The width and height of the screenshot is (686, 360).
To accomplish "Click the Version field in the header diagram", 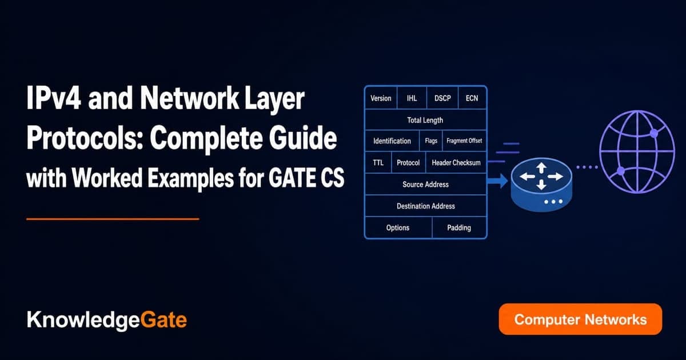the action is (x=381, y=98).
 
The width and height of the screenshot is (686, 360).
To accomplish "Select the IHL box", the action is (x=412, y=98).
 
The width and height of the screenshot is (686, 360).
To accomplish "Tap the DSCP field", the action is (x=442, y=98).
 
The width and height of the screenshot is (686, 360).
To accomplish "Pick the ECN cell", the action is (x=472, y=98).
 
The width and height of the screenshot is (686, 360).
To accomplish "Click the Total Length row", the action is (x=426, y=119).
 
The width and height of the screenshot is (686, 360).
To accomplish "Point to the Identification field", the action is (x=392, y=141).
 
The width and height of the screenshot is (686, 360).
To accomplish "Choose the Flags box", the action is (x=431, y=141).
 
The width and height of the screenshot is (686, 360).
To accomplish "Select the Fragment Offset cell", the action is (x=464, y=141).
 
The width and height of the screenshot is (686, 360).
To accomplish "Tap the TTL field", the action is (x=378, y=162).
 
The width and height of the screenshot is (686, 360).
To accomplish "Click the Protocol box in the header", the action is (x=408, y=162).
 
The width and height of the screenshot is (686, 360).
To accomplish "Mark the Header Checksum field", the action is (x=456, y=162).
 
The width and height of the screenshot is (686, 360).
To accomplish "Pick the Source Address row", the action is (x=426, y=184).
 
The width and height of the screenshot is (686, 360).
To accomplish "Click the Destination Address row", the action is (x=426, y=206).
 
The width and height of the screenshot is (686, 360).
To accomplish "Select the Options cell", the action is (x=398, y=227).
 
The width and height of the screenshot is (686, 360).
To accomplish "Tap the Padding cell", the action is (x=459, y=227).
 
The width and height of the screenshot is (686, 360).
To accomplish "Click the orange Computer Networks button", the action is (x=580, y=319).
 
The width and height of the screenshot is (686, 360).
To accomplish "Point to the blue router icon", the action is (x=541, y=185).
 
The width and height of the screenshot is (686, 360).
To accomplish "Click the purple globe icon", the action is (x=637, y=152).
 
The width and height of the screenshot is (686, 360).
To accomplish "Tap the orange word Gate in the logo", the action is (x=163, y=319).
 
